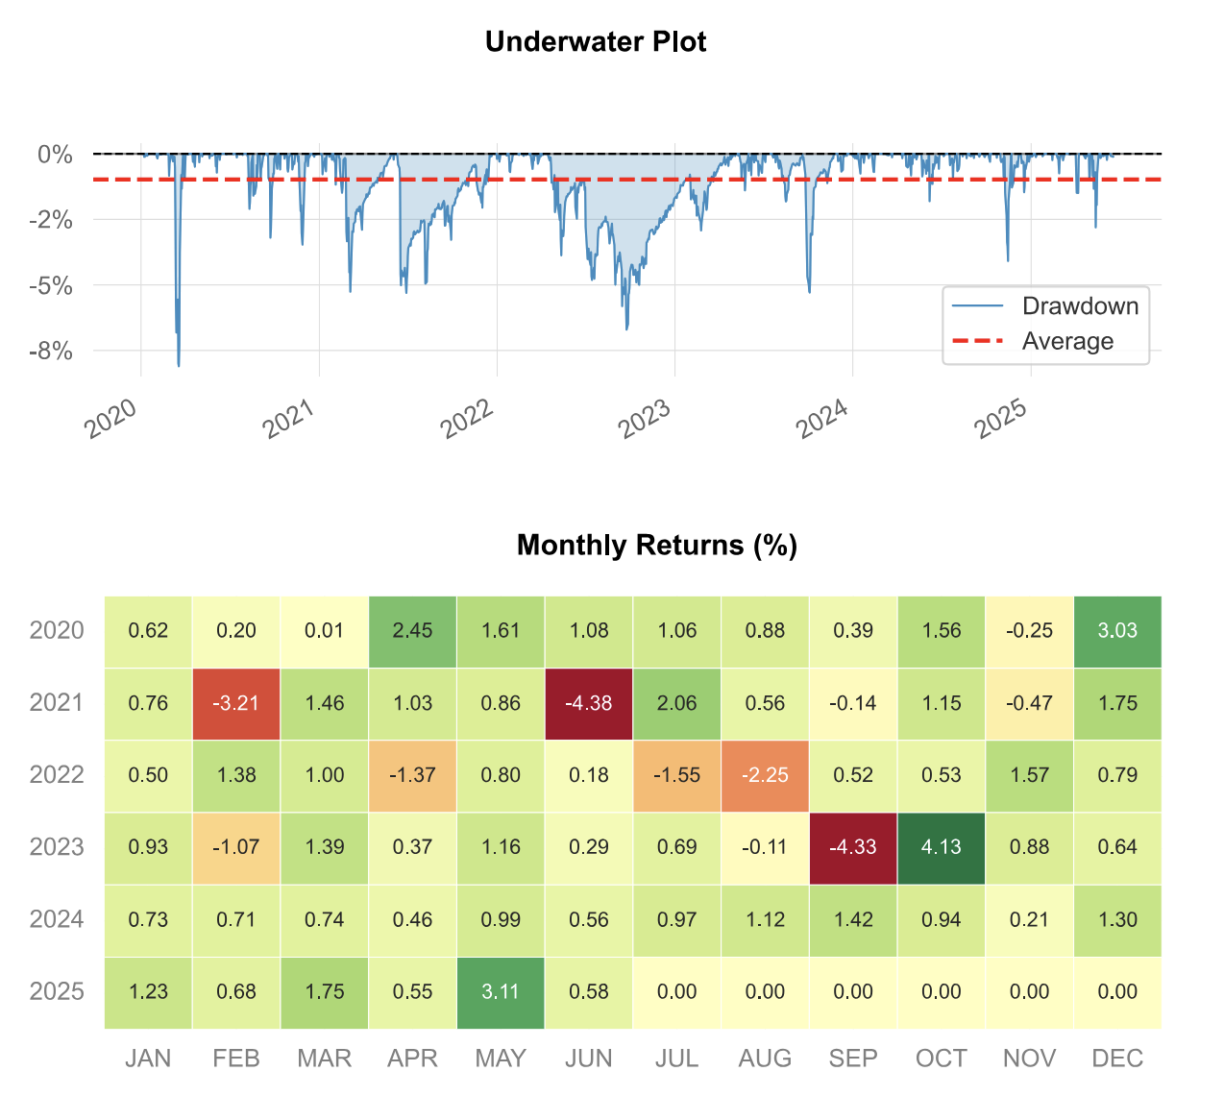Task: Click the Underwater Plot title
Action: point(596,42)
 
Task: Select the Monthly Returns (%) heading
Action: point(657,546)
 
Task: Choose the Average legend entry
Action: point(1067,342)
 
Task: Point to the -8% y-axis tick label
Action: point(51,352)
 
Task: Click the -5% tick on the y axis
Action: point(51,286)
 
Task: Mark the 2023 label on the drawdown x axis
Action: point(644,419)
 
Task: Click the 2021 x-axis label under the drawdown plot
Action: point(288,419)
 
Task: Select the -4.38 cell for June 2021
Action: point(589,703)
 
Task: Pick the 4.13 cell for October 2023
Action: point(942,847)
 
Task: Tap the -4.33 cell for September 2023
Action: point(853,847)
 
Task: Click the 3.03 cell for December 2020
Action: point(1117,631)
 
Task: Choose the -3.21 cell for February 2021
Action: point(236,703)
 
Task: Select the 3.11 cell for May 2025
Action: point(501,992)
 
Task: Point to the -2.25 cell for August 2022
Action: point(766,775)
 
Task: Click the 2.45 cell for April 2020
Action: point(413,631)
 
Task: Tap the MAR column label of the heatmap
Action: point(325,1059)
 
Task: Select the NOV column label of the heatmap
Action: point(1029,1059)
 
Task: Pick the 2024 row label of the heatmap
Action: point(57,920)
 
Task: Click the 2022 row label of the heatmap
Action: point(57,775)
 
